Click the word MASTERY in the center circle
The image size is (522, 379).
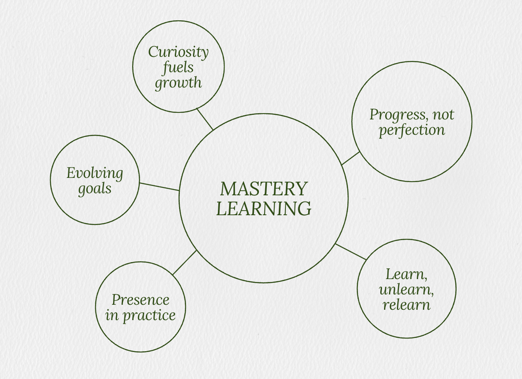[x=263, y=189]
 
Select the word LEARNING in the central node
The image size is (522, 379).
[x=263, y=209]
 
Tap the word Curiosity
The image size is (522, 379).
[x=178, y=52]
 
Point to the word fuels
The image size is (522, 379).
[x=179, y=67]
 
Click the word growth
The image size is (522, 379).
[x=178, y=83]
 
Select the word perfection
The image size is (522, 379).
[x=412, y=130]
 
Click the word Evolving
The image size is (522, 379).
[x=95, y=173]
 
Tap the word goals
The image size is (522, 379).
[x=95, y=189]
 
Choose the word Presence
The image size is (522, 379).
[x=140, y=299]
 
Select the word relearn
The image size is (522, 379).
[x=406, y=305]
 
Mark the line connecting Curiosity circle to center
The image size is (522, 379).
[x=205, y=119]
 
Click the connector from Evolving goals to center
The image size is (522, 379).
[x=159, y=187]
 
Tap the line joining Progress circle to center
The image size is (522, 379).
[x=350, y=158]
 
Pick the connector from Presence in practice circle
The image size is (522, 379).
[x=184, y=262]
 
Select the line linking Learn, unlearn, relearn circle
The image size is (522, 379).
[x=350, y=252]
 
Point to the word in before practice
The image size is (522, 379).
[x=112, y=315]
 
